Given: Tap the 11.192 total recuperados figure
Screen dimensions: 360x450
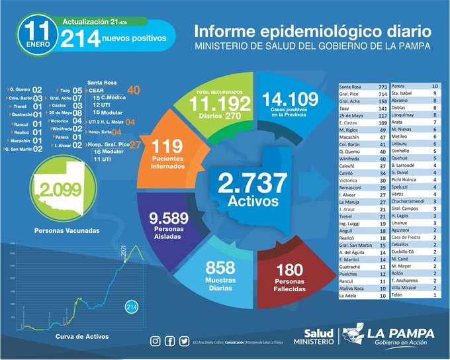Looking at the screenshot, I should point(219,104).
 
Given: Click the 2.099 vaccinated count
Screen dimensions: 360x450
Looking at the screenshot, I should point(61,191).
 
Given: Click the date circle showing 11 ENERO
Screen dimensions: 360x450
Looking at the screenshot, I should point(33,33).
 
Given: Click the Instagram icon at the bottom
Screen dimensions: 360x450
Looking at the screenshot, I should point(156,341).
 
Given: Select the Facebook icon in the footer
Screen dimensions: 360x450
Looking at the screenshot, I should point(169,341).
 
